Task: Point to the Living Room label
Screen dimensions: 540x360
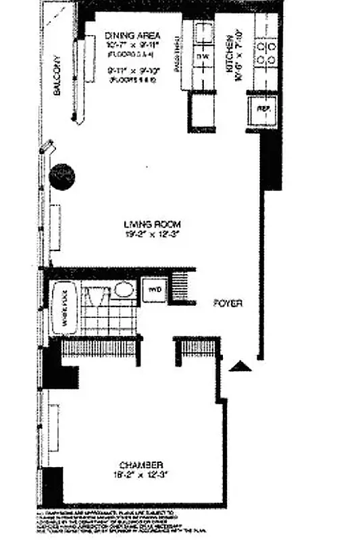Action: click(152, 225)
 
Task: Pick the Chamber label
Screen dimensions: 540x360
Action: click(142, 465)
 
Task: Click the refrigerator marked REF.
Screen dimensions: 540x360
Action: click(259, 109)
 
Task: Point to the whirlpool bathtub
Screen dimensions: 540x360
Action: click(66, 307)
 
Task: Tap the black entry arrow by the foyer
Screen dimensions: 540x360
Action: click(240, 367)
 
